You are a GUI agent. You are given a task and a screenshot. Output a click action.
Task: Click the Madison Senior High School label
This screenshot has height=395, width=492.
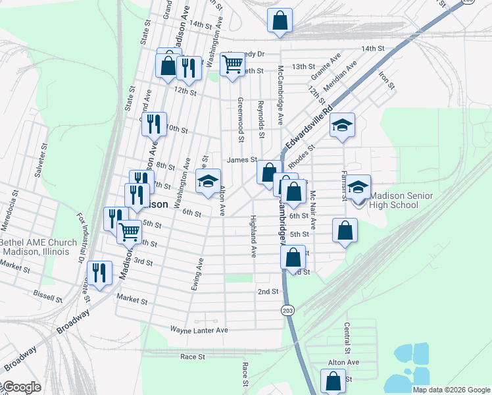click(x=394, y=200)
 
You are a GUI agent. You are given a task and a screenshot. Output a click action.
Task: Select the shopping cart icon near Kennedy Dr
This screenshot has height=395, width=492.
click(x=232, y=65)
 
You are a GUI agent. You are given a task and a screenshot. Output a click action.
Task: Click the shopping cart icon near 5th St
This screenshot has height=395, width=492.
click(x=130, y=231)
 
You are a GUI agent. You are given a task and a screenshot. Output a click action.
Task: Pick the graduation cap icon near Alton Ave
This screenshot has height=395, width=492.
click(x=209, y=182)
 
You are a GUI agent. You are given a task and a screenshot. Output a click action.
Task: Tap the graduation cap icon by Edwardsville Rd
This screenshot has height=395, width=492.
click(x=342, y=126)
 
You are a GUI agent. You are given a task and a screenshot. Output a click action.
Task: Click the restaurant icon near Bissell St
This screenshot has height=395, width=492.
click(x=99, y=274)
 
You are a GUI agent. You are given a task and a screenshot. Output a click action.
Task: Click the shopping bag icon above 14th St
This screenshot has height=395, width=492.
click(x=280, y=19)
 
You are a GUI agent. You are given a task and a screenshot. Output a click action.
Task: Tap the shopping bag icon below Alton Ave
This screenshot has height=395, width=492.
click(x=333, y=381)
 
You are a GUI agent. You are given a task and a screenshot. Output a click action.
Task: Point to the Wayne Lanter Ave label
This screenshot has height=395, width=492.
click(x=199, y=329)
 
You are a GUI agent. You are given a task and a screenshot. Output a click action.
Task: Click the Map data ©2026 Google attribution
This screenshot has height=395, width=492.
click(x=451, y=390)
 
